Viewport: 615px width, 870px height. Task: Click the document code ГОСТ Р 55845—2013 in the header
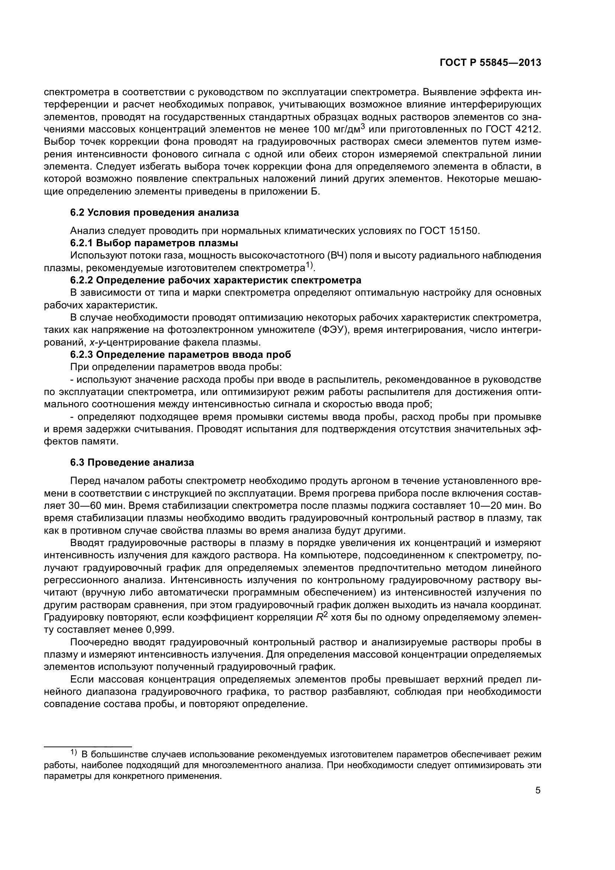(490, 63)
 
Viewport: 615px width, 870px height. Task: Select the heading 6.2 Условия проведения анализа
(155, 213)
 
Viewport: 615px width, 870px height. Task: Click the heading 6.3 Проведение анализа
(132, 463)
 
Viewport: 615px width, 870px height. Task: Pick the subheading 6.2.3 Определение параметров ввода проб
(180, 355)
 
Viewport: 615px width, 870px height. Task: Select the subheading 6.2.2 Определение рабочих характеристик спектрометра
(216, 280)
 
